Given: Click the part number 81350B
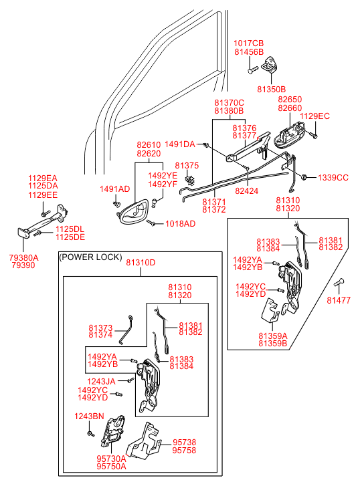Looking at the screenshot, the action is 271,90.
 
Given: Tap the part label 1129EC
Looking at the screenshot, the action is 314,116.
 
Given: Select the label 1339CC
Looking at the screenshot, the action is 333,178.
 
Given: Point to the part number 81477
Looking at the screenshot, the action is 339,300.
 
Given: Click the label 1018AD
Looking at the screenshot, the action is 180,224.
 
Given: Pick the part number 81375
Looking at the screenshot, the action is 187,166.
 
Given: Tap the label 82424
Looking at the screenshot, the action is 247,191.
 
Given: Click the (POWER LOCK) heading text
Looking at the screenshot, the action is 90,257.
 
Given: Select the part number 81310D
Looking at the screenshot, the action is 141,263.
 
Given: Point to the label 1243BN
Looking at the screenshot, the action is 89,416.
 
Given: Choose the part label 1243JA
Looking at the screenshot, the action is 101,382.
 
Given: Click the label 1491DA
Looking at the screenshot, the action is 180,144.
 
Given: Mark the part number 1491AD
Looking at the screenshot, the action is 115,189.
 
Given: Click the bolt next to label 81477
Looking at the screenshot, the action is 339,282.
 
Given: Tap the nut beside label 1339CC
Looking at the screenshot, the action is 304,177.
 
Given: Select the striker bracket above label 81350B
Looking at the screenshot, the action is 269,65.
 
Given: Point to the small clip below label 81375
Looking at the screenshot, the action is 189,180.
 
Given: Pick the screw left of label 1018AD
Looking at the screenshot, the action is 151,223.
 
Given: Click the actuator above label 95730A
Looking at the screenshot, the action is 112,431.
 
